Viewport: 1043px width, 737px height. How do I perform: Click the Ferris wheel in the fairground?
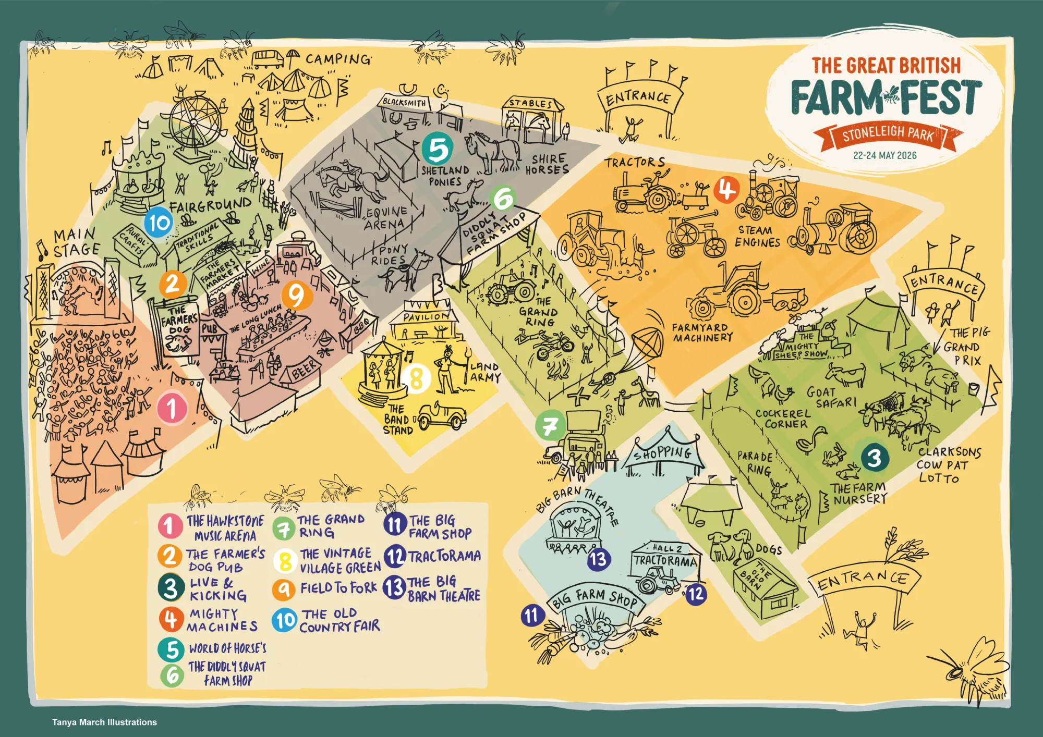pos(193,123)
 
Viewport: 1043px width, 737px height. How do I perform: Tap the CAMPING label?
pos(338,59)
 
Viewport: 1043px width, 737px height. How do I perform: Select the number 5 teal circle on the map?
pos(437,149)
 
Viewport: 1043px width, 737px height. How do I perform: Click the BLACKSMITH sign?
pos(404,102)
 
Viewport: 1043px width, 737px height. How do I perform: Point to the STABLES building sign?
pos(530,103)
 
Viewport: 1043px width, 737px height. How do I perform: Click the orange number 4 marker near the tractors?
pos(726,190)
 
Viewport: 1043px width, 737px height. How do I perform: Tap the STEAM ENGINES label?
pos(757,237)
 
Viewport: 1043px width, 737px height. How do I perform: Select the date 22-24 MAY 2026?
pos(884,155)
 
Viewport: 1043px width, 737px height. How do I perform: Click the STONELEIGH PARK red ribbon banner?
pos(888,134)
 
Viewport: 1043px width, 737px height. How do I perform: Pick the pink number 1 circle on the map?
pos(172,408)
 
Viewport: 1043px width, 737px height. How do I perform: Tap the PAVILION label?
pos(426,316)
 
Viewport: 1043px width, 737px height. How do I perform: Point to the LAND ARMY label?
pos(485,372)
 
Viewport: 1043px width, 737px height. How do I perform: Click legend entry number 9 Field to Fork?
pos(324,588)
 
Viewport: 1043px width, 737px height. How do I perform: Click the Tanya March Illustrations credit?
pos(104,722)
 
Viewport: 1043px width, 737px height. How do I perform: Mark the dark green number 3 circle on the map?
pos(874,458)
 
